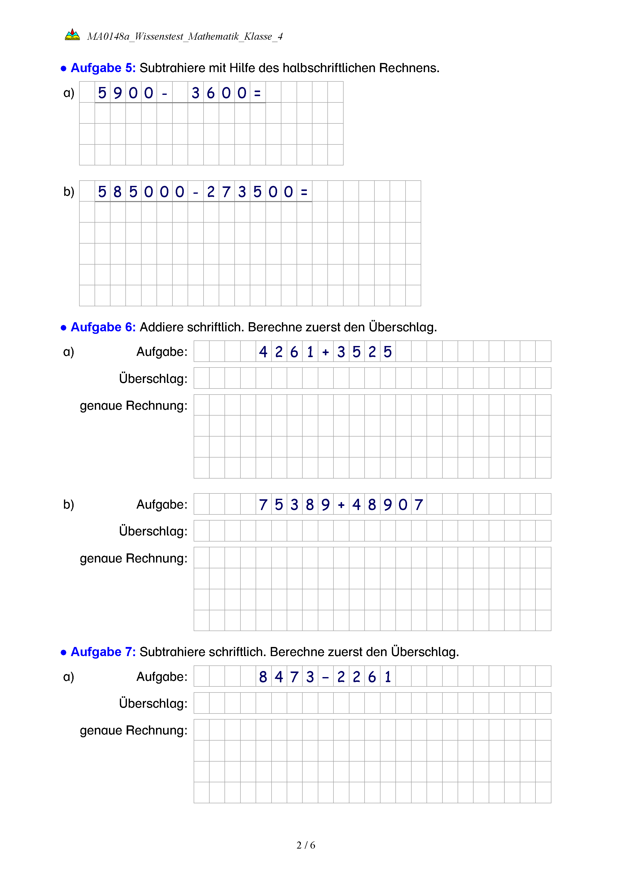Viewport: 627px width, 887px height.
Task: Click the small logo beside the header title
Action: pyautogui.click(x=72, y=35)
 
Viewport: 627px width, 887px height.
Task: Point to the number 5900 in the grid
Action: pyautogui.click(x=125, y=93)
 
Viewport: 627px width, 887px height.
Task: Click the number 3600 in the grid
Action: pyautogui.click(x=219, y=93)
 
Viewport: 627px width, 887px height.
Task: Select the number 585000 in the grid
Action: pyautogui.click(x=141, y=192)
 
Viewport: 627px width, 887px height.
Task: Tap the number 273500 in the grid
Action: pyautogui.click(x=250, y=192)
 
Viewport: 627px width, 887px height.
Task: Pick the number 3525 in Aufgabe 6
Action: pyautogui.click(x=364, y=352)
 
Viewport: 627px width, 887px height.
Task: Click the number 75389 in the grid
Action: pyautogui.click(x=294, y=505)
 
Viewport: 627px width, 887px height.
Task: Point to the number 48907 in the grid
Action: pyautogui.click(x=387, y=505)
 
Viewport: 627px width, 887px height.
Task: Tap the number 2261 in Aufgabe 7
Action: pyautogui.click(x=364, y=677)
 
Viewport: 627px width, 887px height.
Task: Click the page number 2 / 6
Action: pyautogui.click(x=306, y=845)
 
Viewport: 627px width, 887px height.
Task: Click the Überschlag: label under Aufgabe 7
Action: pyautogui.click(x=153, y=703)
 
